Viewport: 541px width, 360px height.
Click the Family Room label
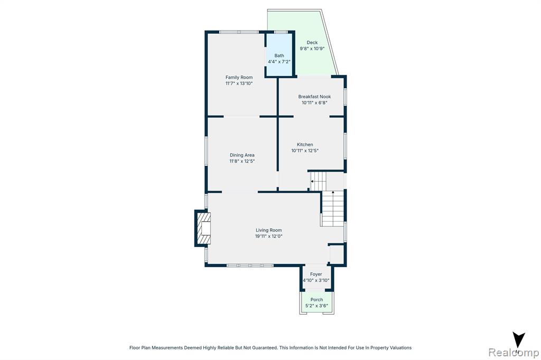[x=239, y=77]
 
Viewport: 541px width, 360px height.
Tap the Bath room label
[x=279, y=55]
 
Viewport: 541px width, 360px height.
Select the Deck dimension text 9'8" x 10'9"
[x=312, y=49]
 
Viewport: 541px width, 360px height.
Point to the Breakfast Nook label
[x=314, y=97]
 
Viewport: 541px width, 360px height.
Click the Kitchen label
[x=305, y=145]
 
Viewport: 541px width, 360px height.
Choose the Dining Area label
[x=242, y=155]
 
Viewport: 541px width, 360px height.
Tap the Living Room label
[x=269, y=230]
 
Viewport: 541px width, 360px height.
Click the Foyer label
[x=316, y=274]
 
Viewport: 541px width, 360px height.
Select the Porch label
[x=317, y=300]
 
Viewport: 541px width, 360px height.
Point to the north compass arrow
[x=518, y=340]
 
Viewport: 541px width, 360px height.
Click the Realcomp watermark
[x=514, y=353]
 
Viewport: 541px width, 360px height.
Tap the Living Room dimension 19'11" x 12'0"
[x=269, y=236]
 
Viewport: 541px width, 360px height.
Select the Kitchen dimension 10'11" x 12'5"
[x=305, y=150]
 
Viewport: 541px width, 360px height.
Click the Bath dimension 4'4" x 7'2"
[x=279, y=62]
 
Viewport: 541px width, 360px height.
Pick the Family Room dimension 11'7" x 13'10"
[x=239, y=83]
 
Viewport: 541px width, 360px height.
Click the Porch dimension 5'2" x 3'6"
[x=317, y=306]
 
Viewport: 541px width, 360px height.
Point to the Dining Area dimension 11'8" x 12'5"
[x=242, y=161]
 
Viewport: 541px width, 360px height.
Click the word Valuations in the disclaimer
[x=401, y=348]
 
